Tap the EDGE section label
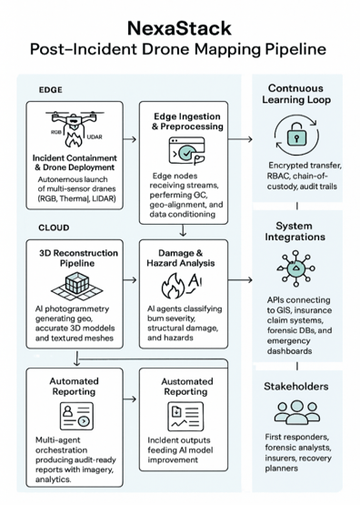pos(51,90)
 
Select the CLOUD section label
pos(55,226)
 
